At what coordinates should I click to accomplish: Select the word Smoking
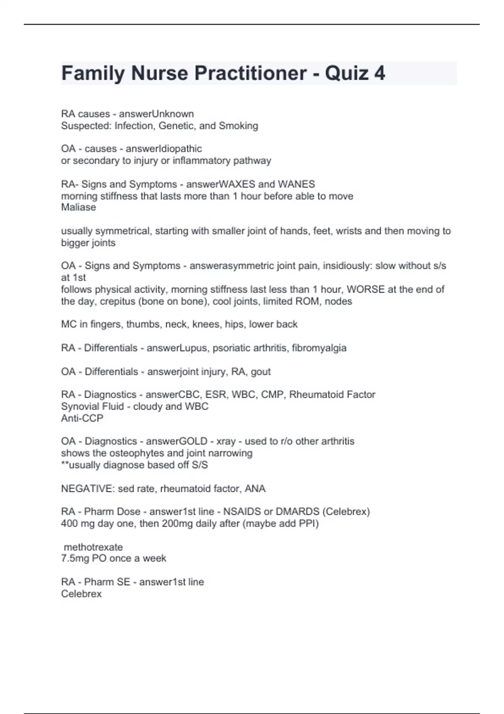pyautogui.click(x=239, y=126)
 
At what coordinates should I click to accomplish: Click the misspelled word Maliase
pyautogui.click(x=79, y=207)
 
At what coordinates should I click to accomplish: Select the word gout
pyautogui.click(x=261, y=372)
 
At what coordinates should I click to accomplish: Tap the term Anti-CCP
pyautogui.click(x=82, y=418)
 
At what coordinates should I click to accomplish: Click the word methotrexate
pyautogui.click(x=93, y=547)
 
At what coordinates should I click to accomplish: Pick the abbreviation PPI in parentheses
pyautogui.click(x=308, y=524)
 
